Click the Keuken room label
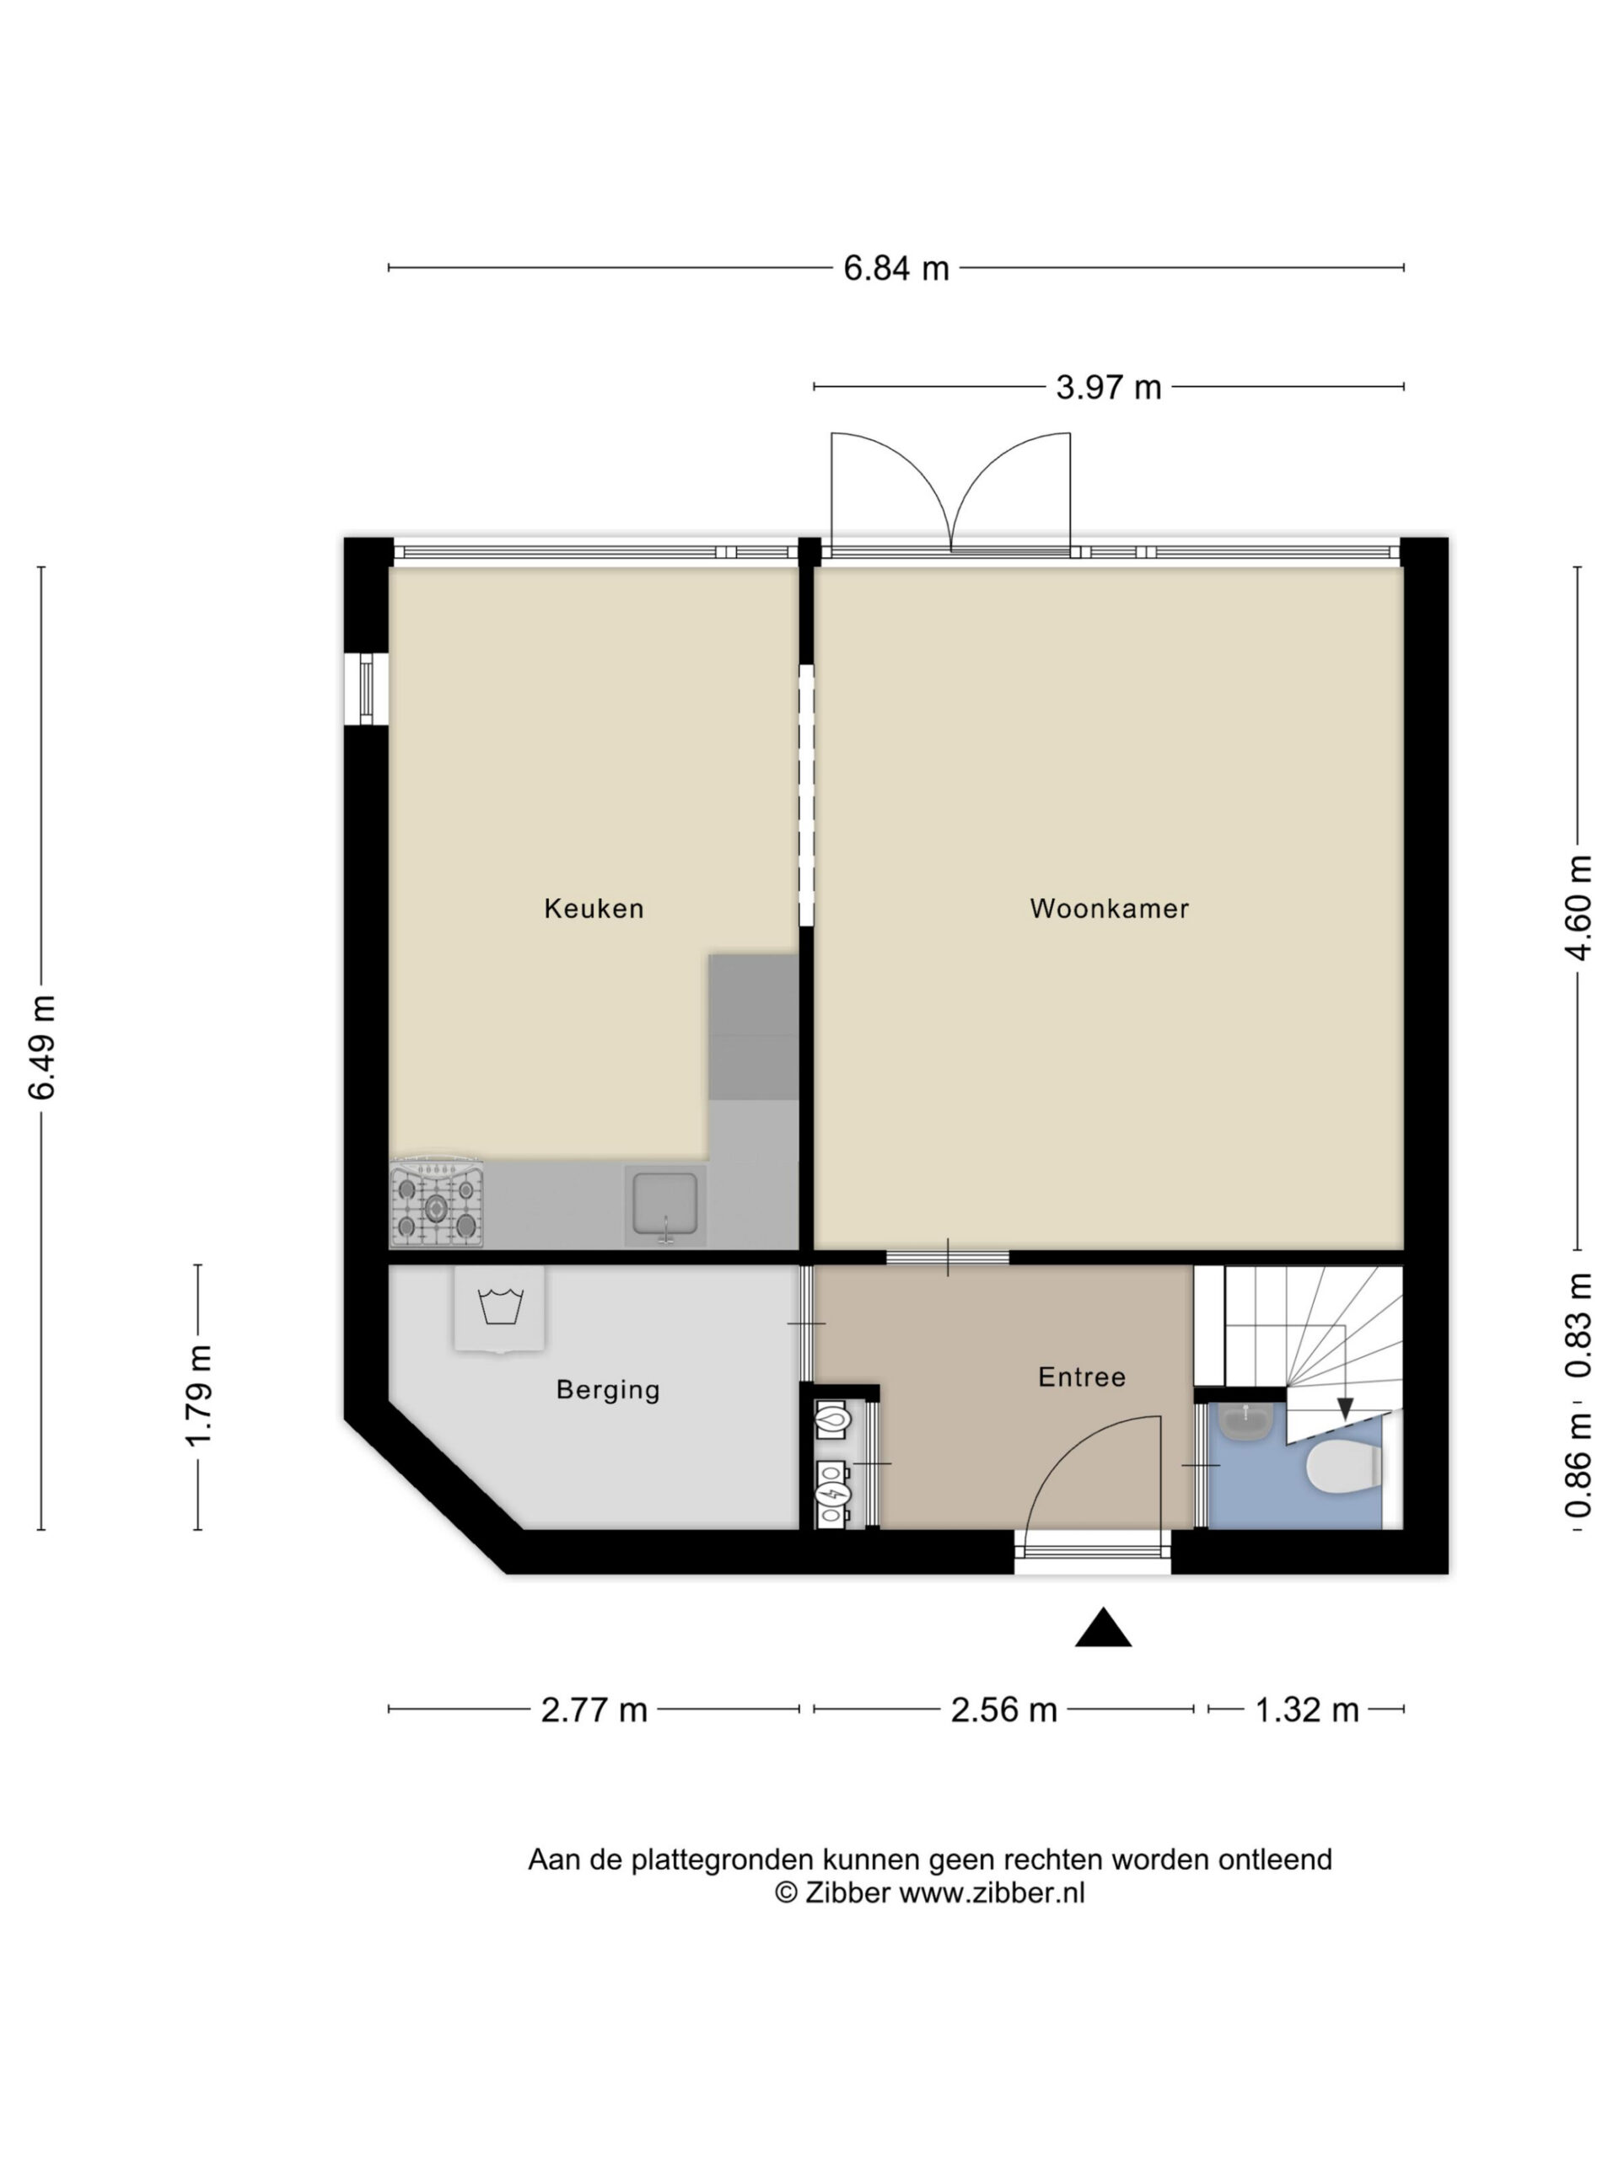(594, 908)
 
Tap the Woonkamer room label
(1109, 908)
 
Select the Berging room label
(608, 1390)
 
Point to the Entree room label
(1081, 1377)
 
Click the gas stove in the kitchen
(436, 1202)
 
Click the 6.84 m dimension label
(896, 268)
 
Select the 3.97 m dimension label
(1109, 387)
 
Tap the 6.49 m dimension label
(42, 1048)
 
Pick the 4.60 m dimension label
(1578, 907)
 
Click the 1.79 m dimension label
(199, 1396)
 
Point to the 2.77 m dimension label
(594, 1710)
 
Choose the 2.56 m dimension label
(1004, 1710)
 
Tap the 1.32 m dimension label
(1307, 1710)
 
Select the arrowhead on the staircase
(1345, 1409)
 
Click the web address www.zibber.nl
(991, 1892)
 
